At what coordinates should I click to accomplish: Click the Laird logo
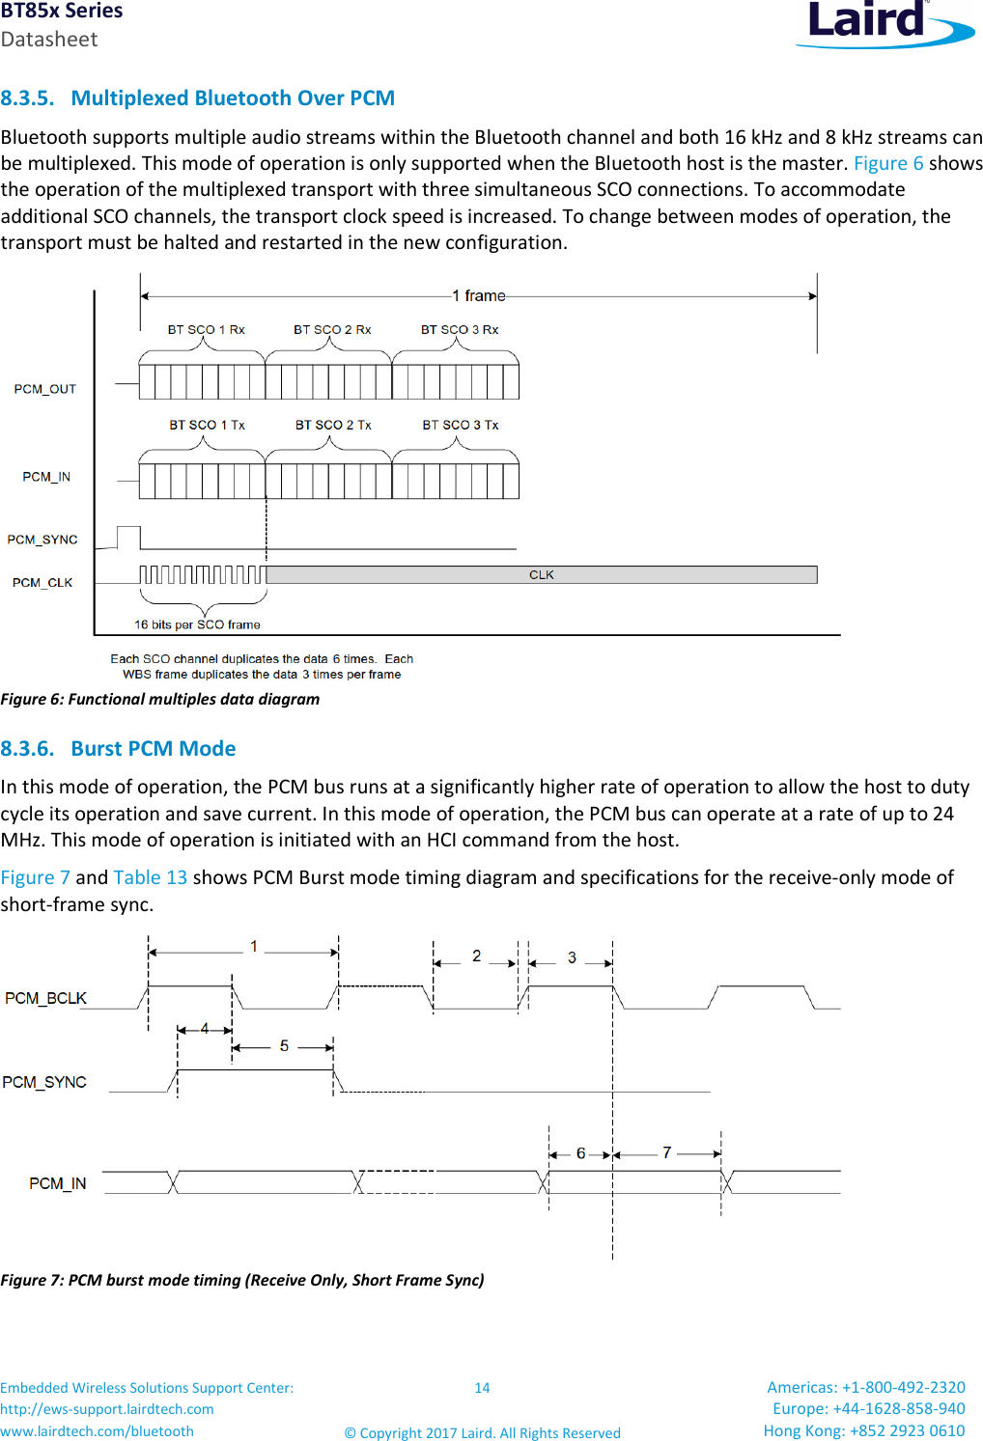coord(883,23)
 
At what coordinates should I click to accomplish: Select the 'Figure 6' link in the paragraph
coord(887,163)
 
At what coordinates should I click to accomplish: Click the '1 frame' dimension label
coord(479,295)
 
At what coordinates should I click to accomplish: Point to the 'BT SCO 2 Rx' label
coord(332,330)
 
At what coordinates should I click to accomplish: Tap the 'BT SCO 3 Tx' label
coord(460,425)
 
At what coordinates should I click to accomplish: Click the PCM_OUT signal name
coord(44,389)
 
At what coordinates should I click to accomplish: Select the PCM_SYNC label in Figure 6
coord(42,540)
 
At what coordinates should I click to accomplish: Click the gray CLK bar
coord(541,575)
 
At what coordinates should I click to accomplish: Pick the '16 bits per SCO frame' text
coord(197,624)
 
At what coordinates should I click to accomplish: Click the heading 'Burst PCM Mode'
coord(153,749)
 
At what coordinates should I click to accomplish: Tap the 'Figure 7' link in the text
coord(36,877)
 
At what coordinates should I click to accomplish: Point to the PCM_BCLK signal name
coord(45,998)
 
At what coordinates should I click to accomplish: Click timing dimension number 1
coord(254,947)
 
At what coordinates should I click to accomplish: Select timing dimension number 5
coord(284,1045)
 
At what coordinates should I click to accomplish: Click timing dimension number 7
coord(666,1152)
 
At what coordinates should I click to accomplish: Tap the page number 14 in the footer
coord(482,1388)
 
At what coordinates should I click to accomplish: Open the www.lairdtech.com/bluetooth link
coord(97,1431)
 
